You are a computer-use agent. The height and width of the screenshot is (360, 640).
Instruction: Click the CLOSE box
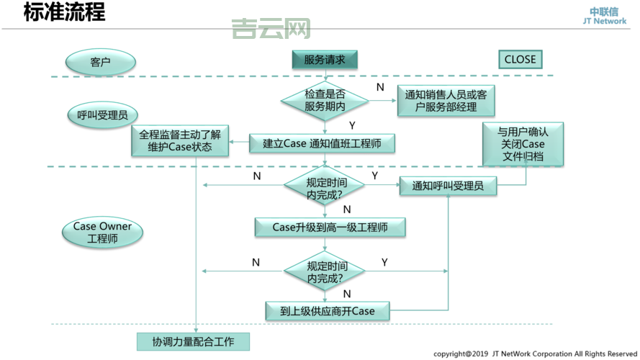[520, 60]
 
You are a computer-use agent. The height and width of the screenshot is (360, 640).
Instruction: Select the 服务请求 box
[325, 60]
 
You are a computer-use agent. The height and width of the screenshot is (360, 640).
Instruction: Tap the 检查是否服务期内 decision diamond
[325, 100]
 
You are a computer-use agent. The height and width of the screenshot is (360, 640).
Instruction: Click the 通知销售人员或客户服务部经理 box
[446, 100]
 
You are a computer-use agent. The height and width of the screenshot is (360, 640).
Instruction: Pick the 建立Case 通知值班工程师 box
[324, 143]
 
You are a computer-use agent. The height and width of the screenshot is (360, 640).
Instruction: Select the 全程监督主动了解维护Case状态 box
[179, 141]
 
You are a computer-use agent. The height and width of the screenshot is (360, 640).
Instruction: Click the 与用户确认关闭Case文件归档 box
[522, 144]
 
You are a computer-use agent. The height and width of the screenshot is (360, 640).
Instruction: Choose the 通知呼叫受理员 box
[448, 186]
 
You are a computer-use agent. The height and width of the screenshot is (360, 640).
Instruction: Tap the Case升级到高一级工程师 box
[330, 228]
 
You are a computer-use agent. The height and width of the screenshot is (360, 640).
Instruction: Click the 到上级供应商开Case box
[328, 311]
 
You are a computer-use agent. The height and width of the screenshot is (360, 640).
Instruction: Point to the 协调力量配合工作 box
[193, 341]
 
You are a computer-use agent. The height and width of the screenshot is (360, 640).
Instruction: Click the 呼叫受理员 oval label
[102, 114]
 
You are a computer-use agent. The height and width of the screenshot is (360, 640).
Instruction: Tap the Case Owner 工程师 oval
[102, 233]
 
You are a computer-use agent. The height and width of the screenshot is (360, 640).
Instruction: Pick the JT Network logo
[604, 16]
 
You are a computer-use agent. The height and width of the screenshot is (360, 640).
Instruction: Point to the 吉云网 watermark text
[271, 30]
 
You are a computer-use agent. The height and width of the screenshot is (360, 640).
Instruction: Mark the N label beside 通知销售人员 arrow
[380, 87]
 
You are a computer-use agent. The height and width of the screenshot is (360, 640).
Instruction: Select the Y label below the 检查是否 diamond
[352, 125]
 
